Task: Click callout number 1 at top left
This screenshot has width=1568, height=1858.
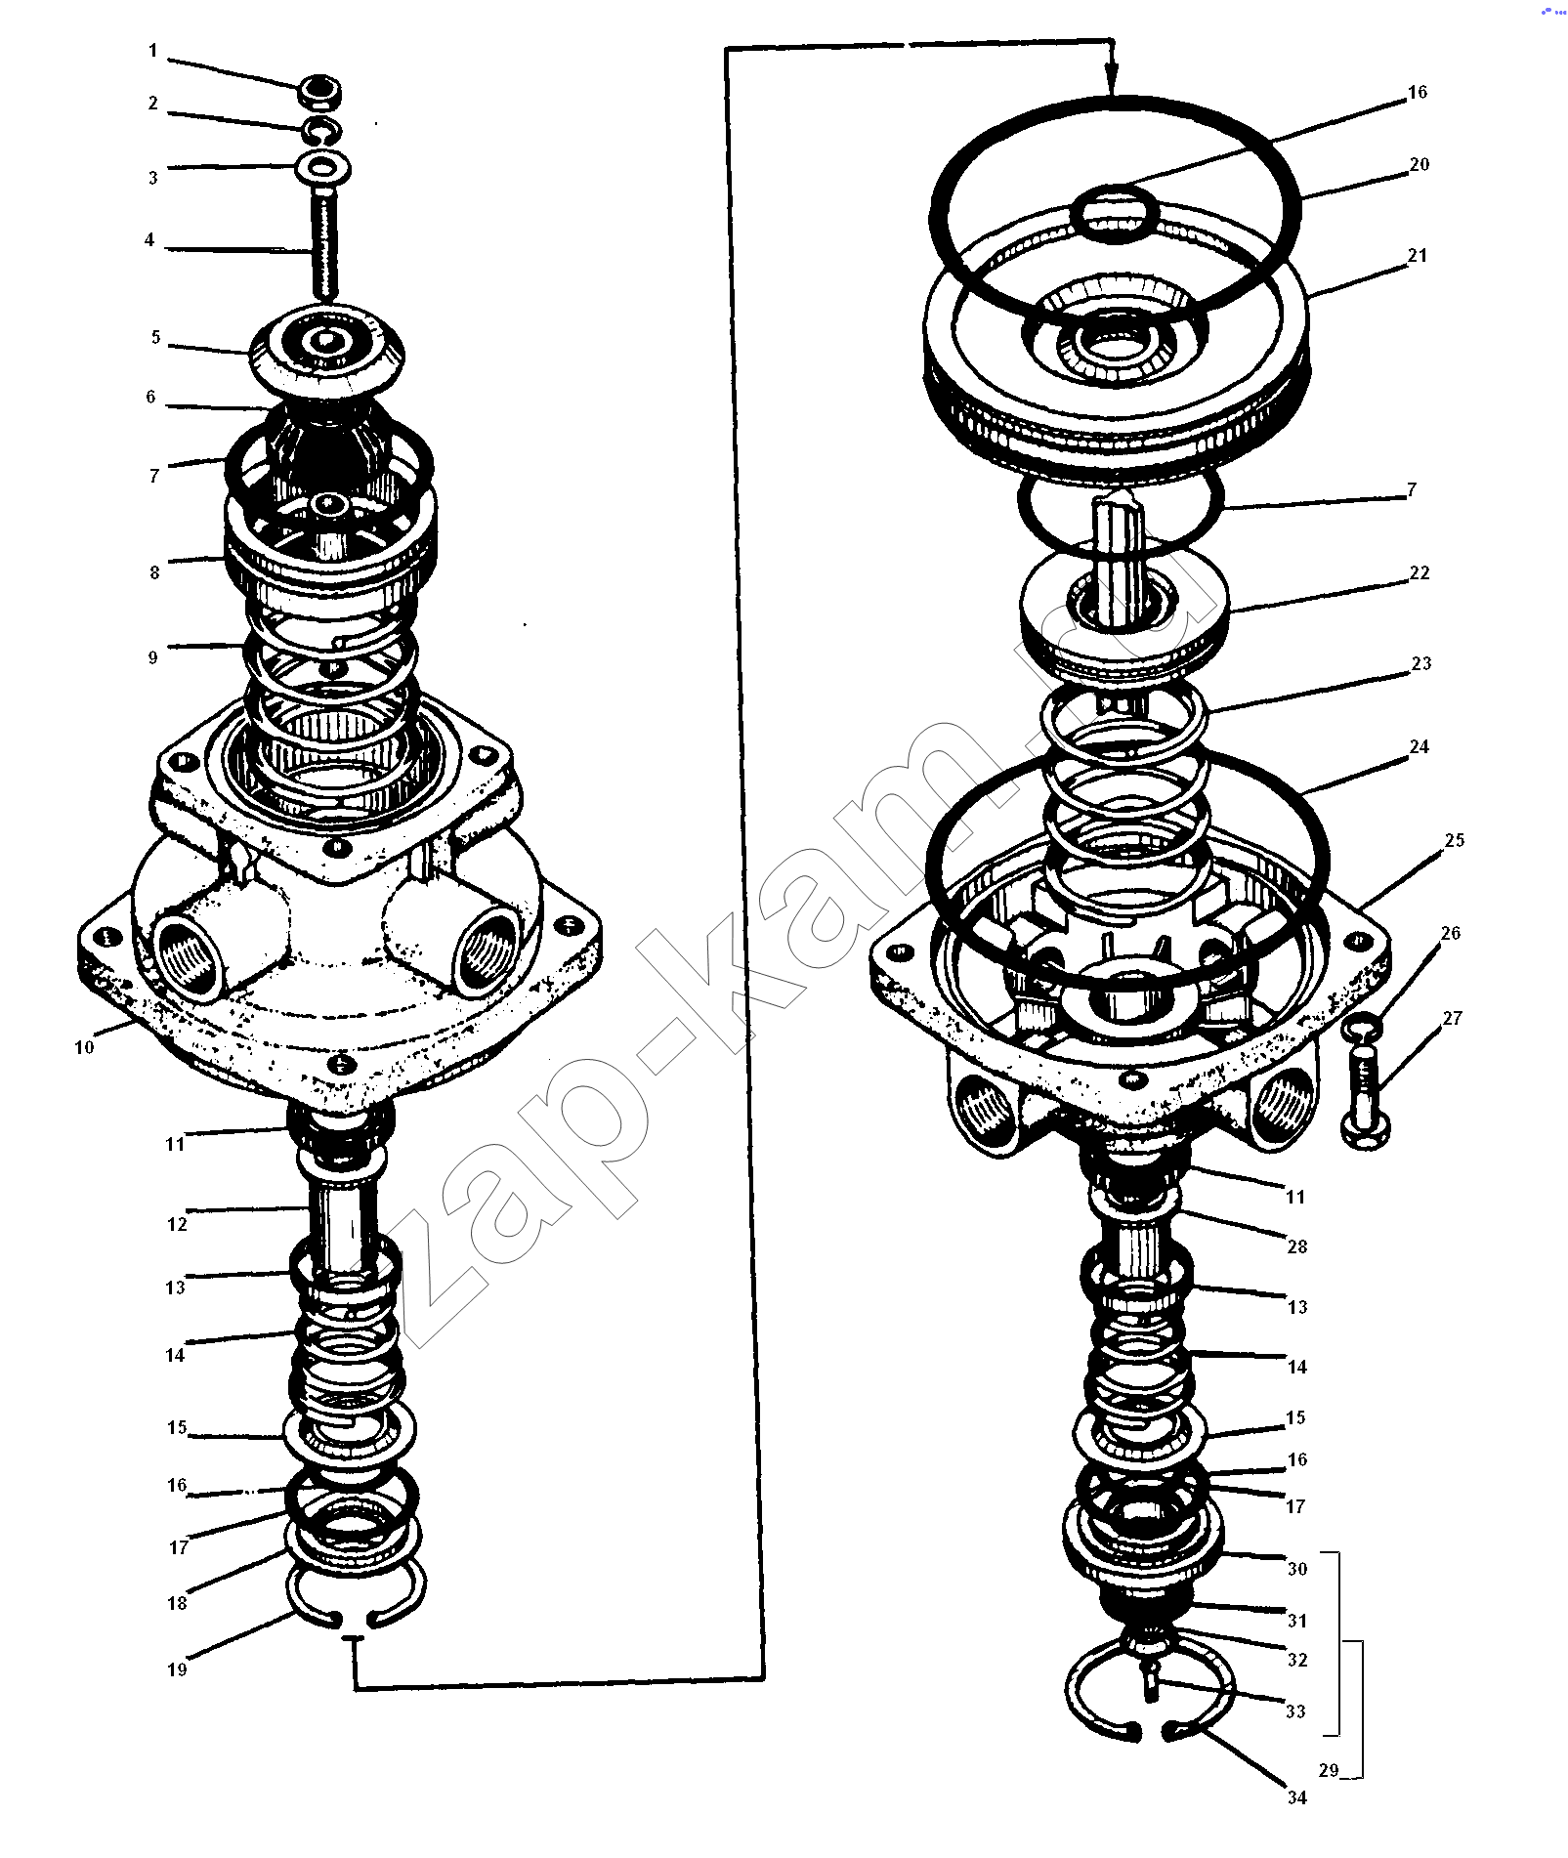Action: click(x=152, y=51)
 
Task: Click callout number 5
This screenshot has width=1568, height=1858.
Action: click(x=155, y=338)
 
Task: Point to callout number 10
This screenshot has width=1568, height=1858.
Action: click(x=84, y=1047)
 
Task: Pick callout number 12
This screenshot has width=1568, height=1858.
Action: click(x=176, y=1223)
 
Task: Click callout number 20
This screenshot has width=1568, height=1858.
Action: click(x=1420, y=164)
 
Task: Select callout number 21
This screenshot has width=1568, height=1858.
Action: click(x=1418, y=255)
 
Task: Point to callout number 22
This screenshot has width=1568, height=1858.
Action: click(x=1420, y=572)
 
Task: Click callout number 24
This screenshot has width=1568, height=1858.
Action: click(x=1420, y=746)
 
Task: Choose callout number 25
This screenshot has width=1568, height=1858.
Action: click(x=1455, y=840)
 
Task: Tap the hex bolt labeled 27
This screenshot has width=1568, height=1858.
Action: click(x=1371, y=1095)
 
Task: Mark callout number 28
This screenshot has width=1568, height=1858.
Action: click(x=1296, y=1246)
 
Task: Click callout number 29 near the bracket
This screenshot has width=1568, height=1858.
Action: click(x=1328, y=1770)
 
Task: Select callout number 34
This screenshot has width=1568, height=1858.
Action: click(x=1296, y=1797)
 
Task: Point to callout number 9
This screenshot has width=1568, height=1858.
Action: click(x=152, y=657)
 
